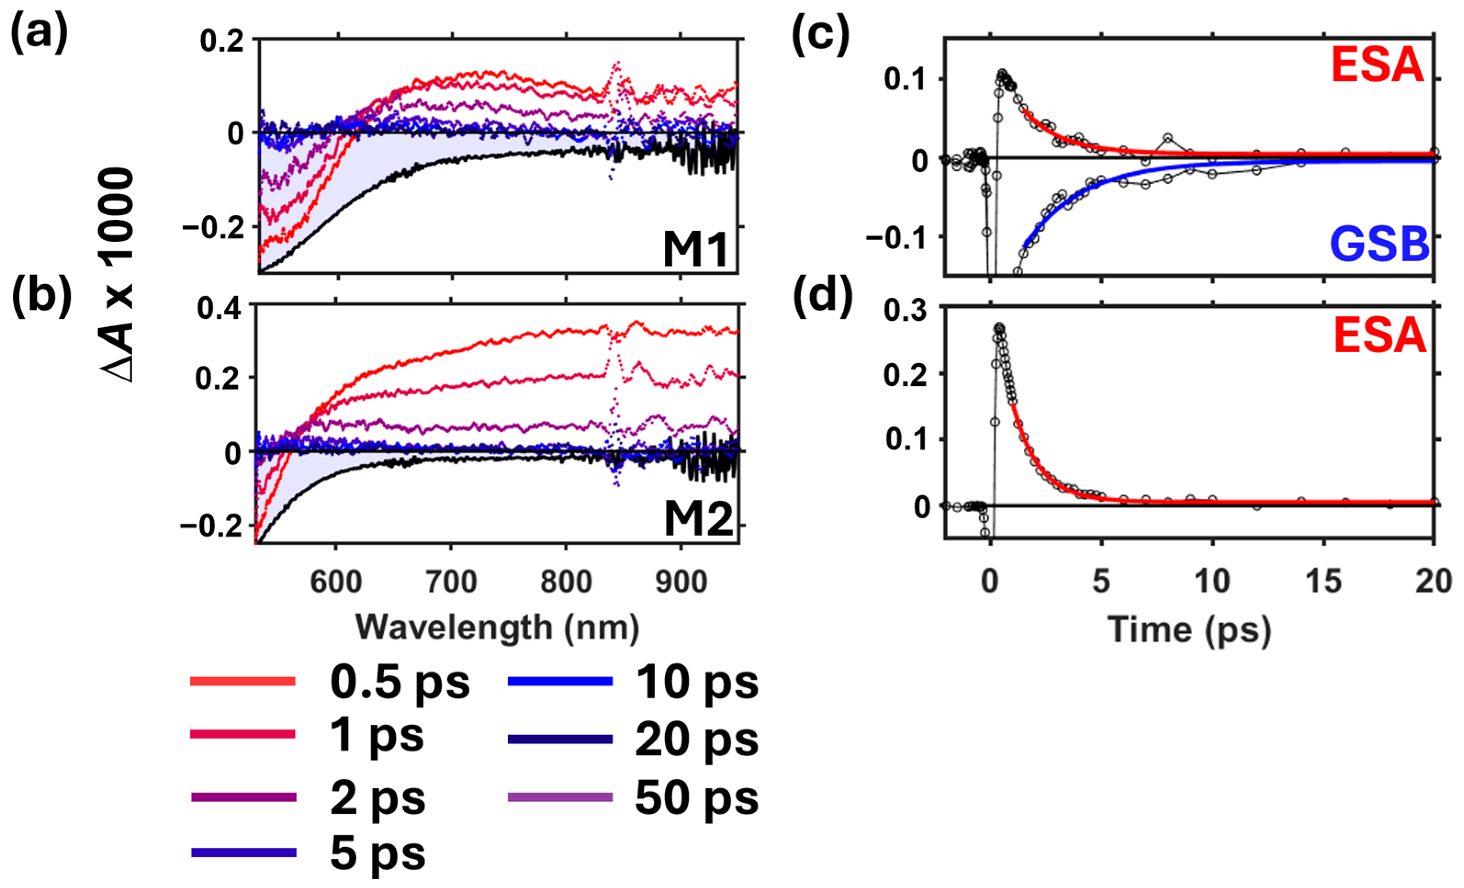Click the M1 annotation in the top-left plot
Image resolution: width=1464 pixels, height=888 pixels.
click(x=695, y=250)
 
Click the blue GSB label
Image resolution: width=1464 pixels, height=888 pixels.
click(x=1379, y=244)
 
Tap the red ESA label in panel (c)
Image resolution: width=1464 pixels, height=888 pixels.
click(x=1377, y=65)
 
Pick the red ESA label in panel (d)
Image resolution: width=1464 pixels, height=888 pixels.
click(x=1380, y=335)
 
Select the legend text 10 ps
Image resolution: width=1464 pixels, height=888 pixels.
click(x=696, y=682)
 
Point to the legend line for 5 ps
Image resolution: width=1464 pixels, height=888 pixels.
click(x=244, y=852)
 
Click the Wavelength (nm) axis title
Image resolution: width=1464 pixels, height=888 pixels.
click(x=497, y=627)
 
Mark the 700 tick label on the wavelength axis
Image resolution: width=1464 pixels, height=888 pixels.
click(x=452, y=581)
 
